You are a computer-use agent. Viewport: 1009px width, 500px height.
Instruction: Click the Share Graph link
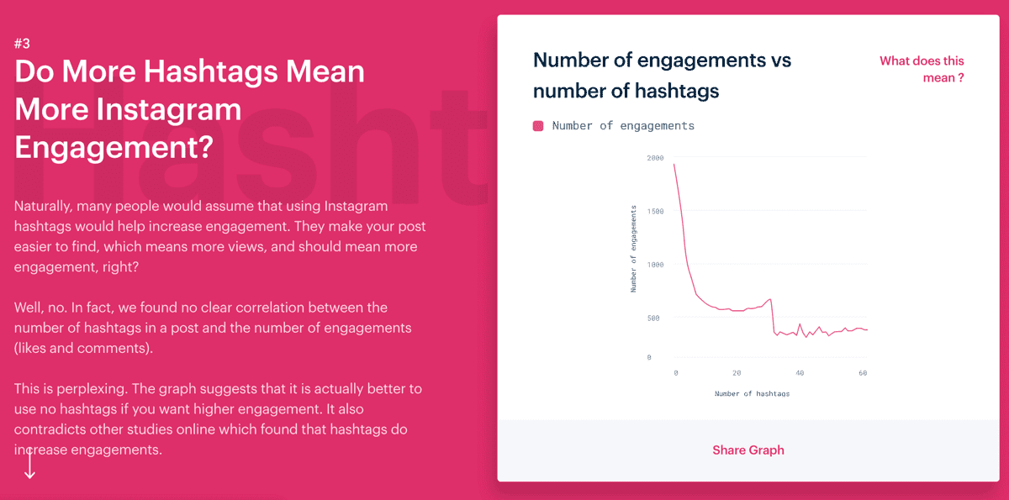click(x=748, y=450)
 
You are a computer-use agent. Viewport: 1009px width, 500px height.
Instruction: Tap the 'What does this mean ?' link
click(x=922, y=69)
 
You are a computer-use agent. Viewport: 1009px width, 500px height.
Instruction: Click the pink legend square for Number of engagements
click(x=538, y=126)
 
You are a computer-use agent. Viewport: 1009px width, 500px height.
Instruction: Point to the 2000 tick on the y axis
click(x=655, y=158)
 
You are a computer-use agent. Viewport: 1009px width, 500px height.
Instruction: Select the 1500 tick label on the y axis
click(x=655, y=212)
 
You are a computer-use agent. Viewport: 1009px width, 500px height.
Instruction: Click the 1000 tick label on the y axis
click(x=655, y=265)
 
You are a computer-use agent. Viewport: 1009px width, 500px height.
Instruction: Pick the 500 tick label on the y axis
click(x=653, y=318)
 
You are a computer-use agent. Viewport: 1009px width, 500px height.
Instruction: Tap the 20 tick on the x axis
click(x=737, y=373)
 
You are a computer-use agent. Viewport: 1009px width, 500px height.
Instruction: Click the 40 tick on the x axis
click(x=800, y=373)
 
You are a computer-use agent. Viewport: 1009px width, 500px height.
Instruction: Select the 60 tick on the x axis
click(x=863, y=373)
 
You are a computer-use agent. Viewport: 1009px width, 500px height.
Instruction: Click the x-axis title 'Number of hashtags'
click(x=752, y=394)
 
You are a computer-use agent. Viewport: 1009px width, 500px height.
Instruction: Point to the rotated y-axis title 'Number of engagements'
click(x=633, y=249)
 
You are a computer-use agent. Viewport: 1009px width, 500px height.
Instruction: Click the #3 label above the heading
click(x=22, y=44)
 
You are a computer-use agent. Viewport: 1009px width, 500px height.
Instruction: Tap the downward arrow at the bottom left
click(x=29, y=466)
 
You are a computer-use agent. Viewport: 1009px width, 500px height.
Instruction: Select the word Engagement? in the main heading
click(x=114, y=147)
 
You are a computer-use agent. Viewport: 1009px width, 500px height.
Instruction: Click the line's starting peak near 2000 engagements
click(x=674, y=164)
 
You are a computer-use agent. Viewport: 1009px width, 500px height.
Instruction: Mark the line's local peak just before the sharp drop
click(x=770, y=299)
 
